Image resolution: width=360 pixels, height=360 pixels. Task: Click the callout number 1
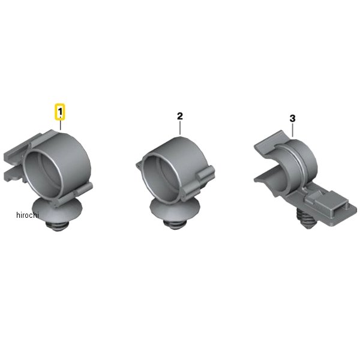coord(60,112)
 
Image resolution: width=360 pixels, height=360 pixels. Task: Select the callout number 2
coord(180,116)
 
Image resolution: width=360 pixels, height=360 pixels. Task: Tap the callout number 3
coord(292,118)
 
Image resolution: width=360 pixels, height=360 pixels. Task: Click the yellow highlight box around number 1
coord(59,112)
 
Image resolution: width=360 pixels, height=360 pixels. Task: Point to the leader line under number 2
coord(180,128)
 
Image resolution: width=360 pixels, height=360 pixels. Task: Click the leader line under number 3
coord(293,130)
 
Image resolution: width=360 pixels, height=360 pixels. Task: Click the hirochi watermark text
coord(28,215)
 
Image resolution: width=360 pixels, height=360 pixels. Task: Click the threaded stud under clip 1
coord(57,226)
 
